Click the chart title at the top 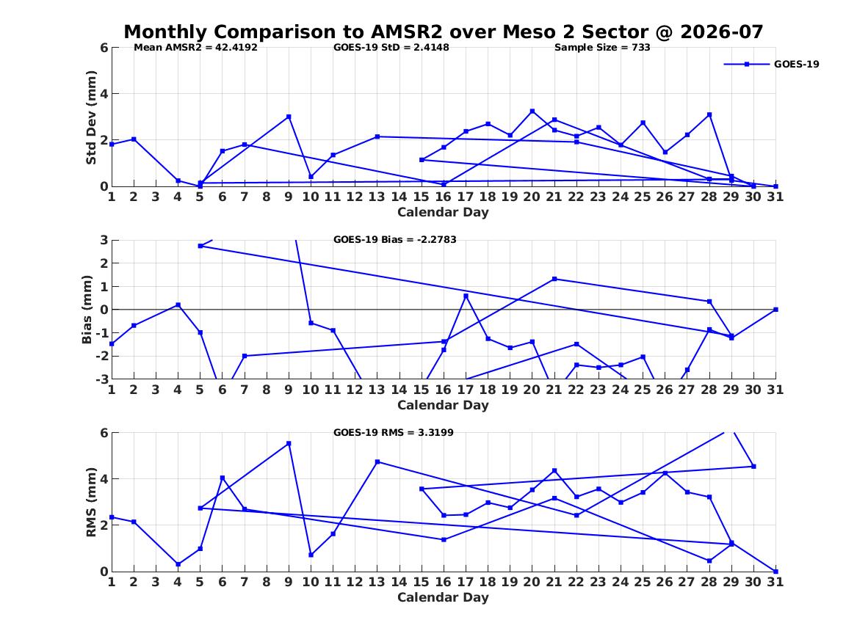coord(444,32)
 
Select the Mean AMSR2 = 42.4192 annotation coord(195,48)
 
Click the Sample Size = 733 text coord(602,48)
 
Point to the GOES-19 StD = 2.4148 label coord(391,48)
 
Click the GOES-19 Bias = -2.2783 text coord(394,240)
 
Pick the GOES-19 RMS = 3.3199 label coord(394,432)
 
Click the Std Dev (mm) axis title coord(91,117)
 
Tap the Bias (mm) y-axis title coord(87,310)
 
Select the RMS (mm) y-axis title coord(91,503)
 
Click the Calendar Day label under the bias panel coord(444,405)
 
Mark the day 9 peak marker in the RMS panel coord(289,443)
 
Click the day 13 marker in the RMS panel coord(377,462)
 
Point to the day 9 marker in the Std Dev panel coord(289,117)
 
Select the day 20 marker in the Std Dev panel coord(532,112)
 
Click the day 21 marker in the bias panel coord(554,279)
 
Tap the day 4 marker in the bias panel coord(178,305)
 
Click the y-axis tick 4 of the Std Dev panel coord(104,94)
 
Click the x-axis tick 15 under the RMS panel coord(421,582)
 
